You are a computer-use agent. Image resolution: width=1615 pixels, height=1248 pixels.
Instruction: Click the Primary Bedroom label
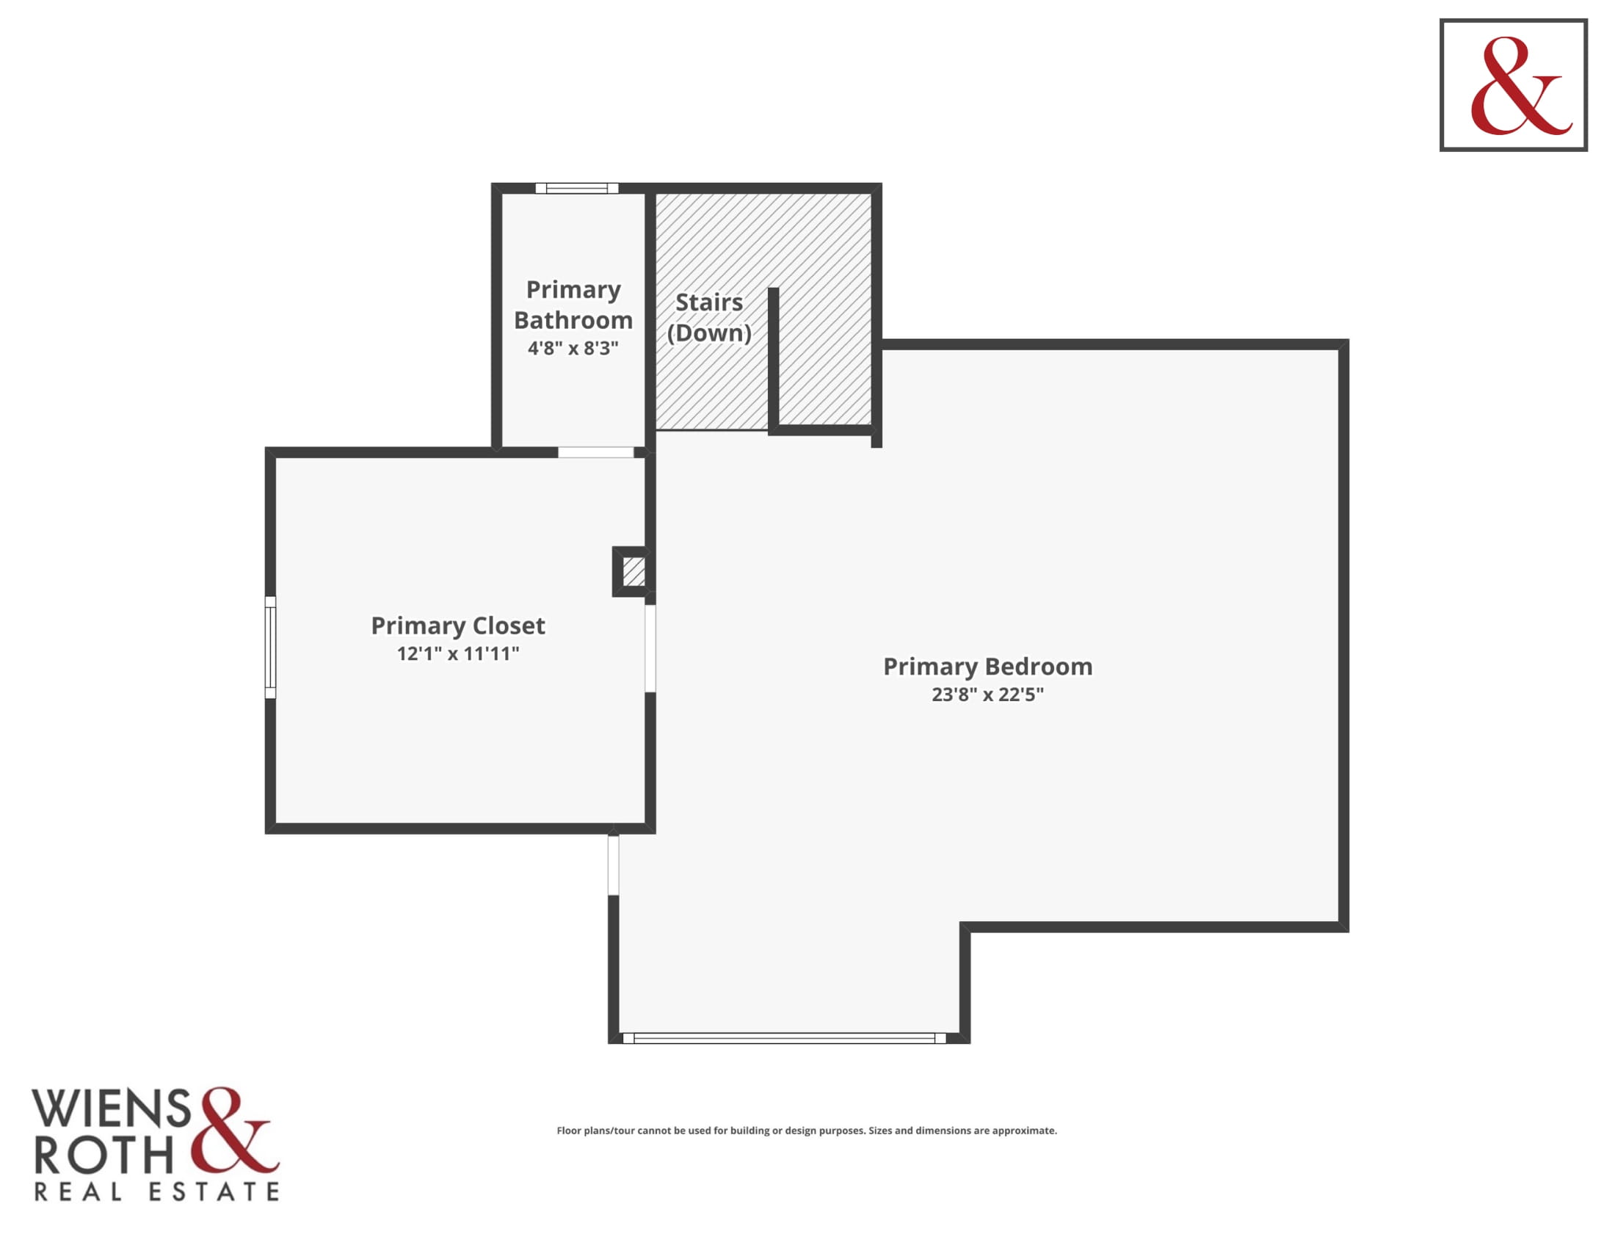[x=987, y=666]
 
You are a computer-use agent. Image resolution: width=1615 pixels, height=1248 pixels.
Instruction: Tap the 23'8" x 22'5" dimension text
[x=987, y=694]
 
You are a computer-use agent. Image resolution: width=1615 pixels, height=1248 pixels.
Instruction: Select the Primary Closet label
[x=458, y=625]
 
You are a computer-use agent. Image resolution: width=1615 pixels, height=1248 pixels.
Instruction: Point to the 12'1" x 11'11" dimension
[x=458, y=653]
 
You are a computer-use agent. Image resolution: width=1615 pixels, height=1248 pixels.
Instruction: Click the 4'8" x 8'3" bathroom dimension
[x=573, y=347]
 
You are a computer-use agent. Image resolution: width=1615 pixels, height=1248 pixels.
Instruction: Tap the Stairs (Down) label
[x=709, y=317]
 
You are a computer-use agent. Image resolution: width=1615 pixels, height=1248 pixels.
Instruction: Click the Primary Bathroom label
[x=573, y=305]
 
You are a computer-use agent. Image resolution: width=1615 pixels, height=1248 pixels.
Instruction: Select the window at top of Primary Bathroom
[x=577, y=189]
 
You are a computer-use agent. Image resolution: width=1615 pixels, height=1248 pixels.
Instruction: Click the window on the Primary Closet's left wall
[x=271, y=647]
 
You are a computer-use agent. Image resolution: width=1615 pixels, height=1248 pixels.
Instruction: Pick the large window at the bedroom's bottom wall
[x=785, y=1038]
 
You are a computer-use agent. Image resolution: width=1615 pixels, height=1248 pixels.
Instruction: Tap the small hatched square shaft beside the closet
[x=633, y=571]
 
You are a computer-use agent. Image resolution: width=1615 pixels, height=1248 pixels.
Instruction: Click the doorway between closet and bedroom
[x=650, y=648]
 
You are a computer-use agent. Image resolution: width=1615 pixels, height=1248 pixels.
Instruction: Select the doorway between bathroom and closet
[x=596, y=452]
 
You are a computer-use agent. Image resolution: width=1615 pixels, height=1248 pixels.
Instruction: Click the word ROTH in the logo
[x=104, y=1155]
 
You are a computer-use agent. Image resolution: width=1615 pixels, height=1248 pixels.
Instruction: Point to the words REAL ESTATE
[x=157, y=1191]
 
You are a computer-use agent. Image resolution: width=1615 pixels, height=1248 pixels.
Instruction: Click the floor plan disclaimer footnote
[x=807, y=1131]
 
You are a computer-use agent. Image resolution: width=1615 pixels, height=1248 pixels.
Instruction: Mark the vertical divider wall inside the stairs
[x=774, y=360]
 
